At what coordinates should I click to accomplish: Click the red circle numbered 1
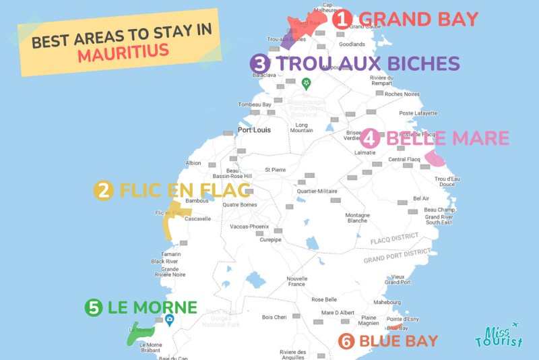point(342,19)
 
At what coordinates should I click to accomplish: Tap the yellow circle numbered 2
point(103,191)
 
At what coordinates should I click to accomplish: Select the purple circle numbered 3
point(260,64)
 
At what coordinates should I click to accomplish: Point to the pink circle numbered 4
point(371,138)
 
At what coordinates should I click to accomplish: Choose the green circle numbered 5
point(94,308)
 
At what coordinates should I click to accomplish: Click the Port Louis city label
point(254,130)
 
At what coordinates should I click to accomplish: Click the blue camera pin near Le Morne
point(170,320)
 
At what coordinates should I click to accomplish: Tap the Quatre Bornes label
point(241,206)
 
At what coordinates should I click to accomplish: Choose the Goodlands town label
point(371,44)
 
